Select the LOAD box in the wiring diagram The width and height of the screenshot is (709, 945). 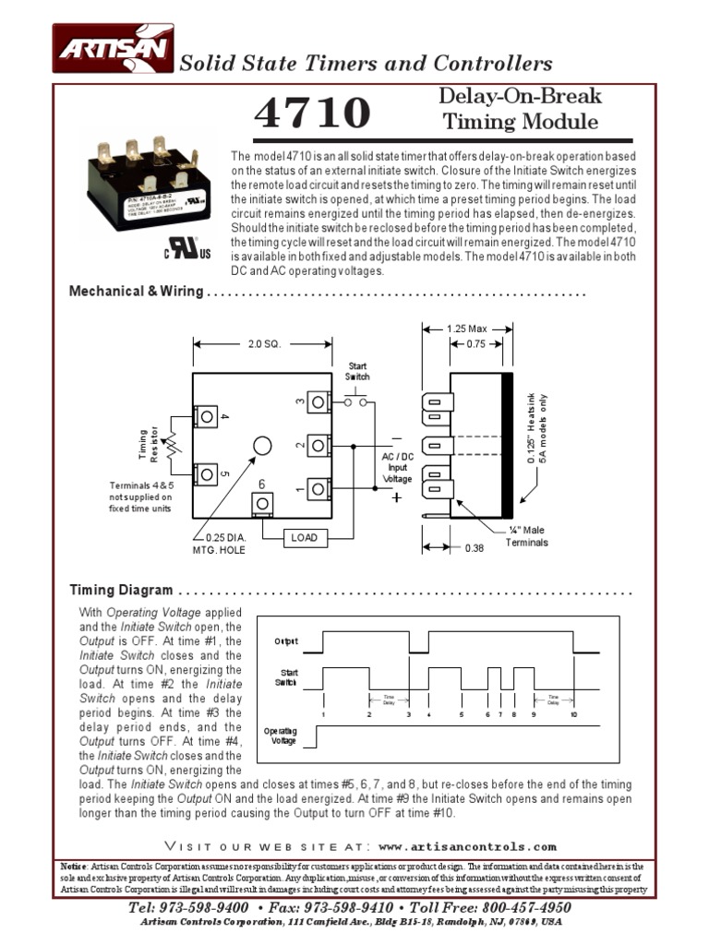click(304, 536)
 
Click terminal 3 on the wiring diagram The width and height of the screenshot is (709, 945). click(318, 401)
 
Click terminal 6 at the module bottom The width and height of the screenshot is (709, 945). click(263, 502)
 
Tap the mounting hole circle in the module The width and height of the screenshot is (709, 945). click(262, 446)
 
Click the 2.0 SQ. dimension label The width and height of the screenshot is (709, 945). click(263, 344)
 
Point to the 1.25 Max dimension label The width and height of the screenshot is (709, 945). click(466, 329)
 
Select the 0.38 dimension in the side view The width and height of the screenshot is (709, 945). click(474, 547)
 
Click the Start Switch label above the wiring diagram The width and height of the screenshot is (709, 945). click(357, 372)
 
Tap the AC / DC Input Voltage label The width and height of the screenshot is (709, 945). click(398, 467)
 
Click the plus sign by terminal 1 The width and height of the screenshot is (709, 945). click(397, 497)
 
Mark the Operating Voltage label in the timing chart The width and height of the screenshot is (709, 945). click(280, 736)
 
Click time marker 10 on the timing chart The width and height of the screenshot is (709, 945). click(574, 715)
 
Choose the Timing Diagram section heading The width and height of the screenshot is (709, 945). click(121, 590)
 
